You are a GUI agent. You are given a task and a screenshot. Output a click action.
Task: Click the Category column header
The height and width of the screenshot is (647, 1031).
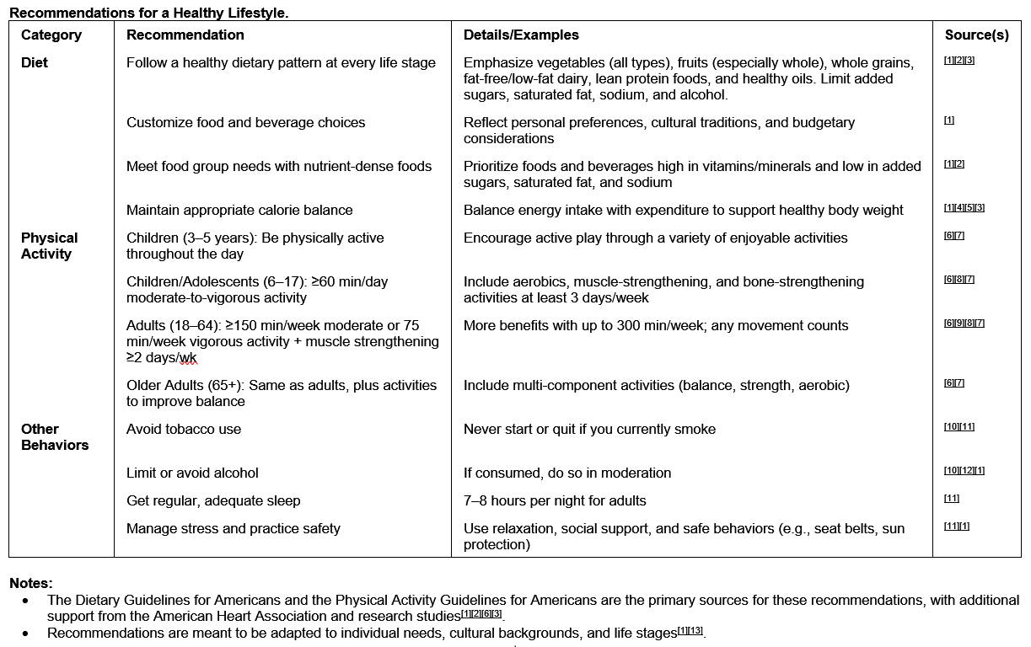tap(51, 35)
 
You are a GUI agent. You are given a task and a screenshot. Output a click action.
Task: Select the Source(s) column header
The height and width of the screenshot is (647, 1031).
tap(976, 35)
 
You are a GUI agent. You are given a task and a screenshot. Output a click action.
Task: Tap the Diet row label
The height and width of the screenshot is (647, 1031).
tap(35, 63)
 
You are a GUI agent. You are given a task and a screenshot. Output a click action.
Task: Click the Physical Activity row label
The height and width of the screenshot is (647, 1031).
tap(49, 246)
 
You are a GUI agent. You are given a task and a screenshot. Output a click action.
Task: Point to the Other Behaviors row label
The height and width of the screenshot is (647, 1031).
tap(54, 437)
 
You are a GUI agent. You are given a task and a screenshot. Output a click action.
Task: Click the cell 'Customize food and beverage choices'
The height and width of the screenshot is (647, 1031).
tap(245, 123)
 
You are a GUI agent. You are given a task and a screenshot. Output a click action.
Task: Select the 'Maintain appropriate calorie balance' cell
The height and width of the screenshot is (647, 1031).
tap(239, 211)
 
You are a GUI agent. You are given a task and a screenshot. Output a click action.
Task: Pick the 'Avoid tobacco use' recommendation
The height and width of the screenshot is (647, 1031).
tap(184, 430)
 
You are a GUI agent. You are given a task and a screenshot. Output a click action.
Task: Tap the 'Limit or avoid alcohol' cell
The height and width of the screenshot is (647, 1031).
tap(192, 473)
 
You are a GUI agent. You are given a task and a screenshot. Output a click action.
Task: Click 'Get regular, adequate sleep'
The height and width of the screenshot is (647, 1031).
tap(213, 501)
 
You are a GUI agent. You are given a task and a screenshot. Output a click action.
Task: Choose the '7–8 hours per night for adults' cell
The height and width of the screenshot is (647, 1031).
tap(555, 501)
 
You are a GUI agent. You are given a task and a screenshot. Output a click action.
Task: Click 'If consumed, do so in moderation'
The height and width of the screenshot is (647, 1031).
tap(567, 473)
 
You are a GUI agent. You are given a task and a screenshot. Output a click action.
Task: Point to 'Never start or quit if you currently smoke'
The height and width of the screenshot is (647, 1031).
tap(589, 430)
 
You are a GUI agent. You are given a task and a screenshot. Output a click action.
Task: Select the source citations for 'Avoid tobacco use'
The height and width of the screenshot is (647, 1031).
tap(959, 427)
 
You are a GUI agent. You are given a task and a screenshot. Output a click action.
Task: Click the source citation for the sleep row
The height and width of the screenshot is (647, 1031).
tap(951, 499)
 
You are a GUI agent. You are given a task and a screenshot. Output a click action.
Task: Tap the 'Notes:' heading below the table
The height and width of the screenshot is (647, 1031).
tap(31, 583)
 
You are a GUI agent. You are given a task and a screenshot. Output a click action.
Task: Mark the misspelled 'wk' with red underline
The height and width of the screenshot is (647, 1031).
tap(188, 359)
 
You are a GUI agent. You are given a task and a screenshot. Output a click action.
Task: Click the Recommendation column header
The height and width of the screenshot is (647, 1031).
tap(185, 35)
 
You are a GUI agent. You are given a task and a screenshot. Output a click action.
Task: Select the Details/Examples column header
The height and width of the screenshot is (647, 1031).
tap(521, 35)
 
